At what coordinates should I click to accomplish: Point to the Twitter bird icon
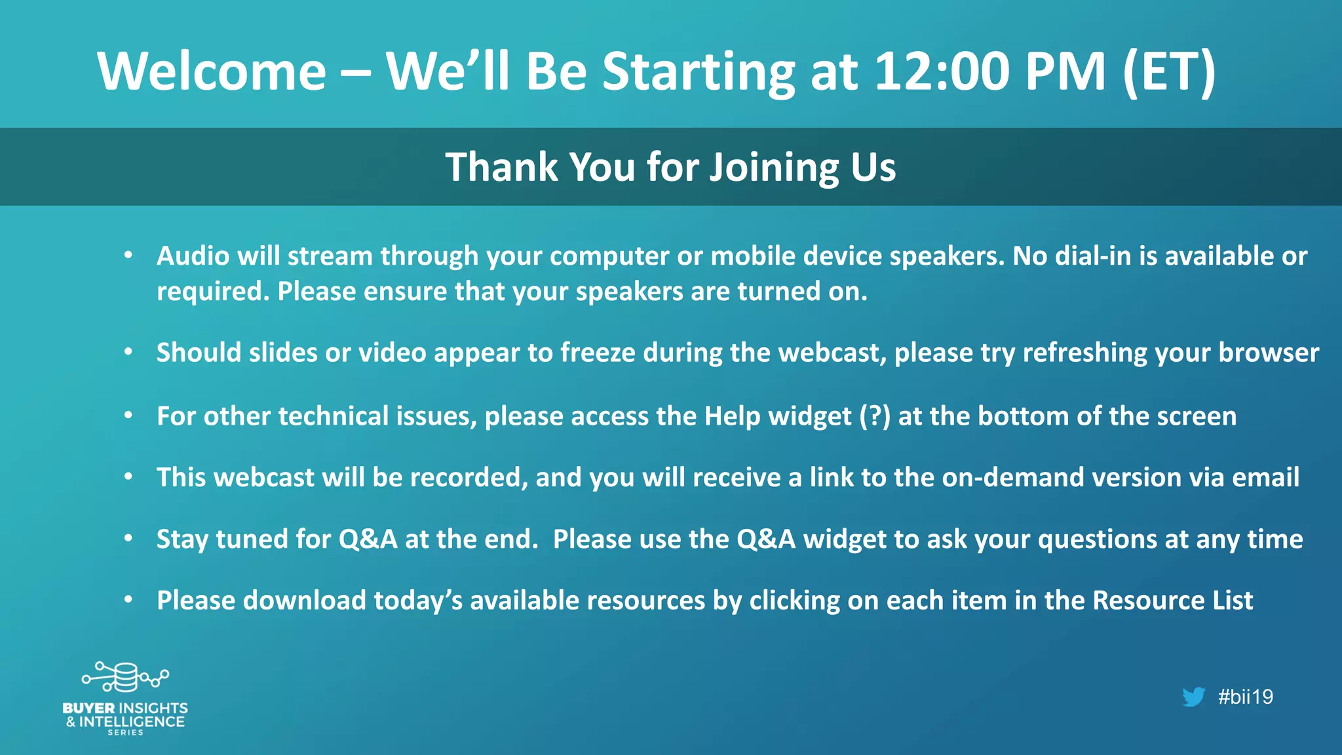pyautogui.click(x=1193, y=697)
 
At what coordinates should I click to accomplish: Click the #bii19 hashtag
pyautogui.click(x=1245, y=697)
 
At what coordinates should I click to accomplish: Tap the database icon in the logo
pyautogui.click(x=125, y=677)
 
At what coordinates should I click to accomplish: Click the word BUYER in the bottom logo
pyautogui.click(x=88, y=708)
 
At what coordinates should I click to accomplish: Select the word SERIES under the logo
pyautogui.click(x=125, y=733)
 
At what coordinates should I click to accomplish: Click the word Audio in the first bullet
pyautogui.click(x=193, y=256)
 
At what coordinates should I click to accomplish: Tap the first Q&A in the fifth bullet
pyautogui.click(x=368, y=539)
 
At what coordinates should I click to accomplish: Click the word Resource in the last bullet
pyautogui.click(x=1149, y=601)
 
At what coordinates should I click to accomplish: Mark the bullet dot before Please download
pyautogui.click(x=128, y=599)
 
